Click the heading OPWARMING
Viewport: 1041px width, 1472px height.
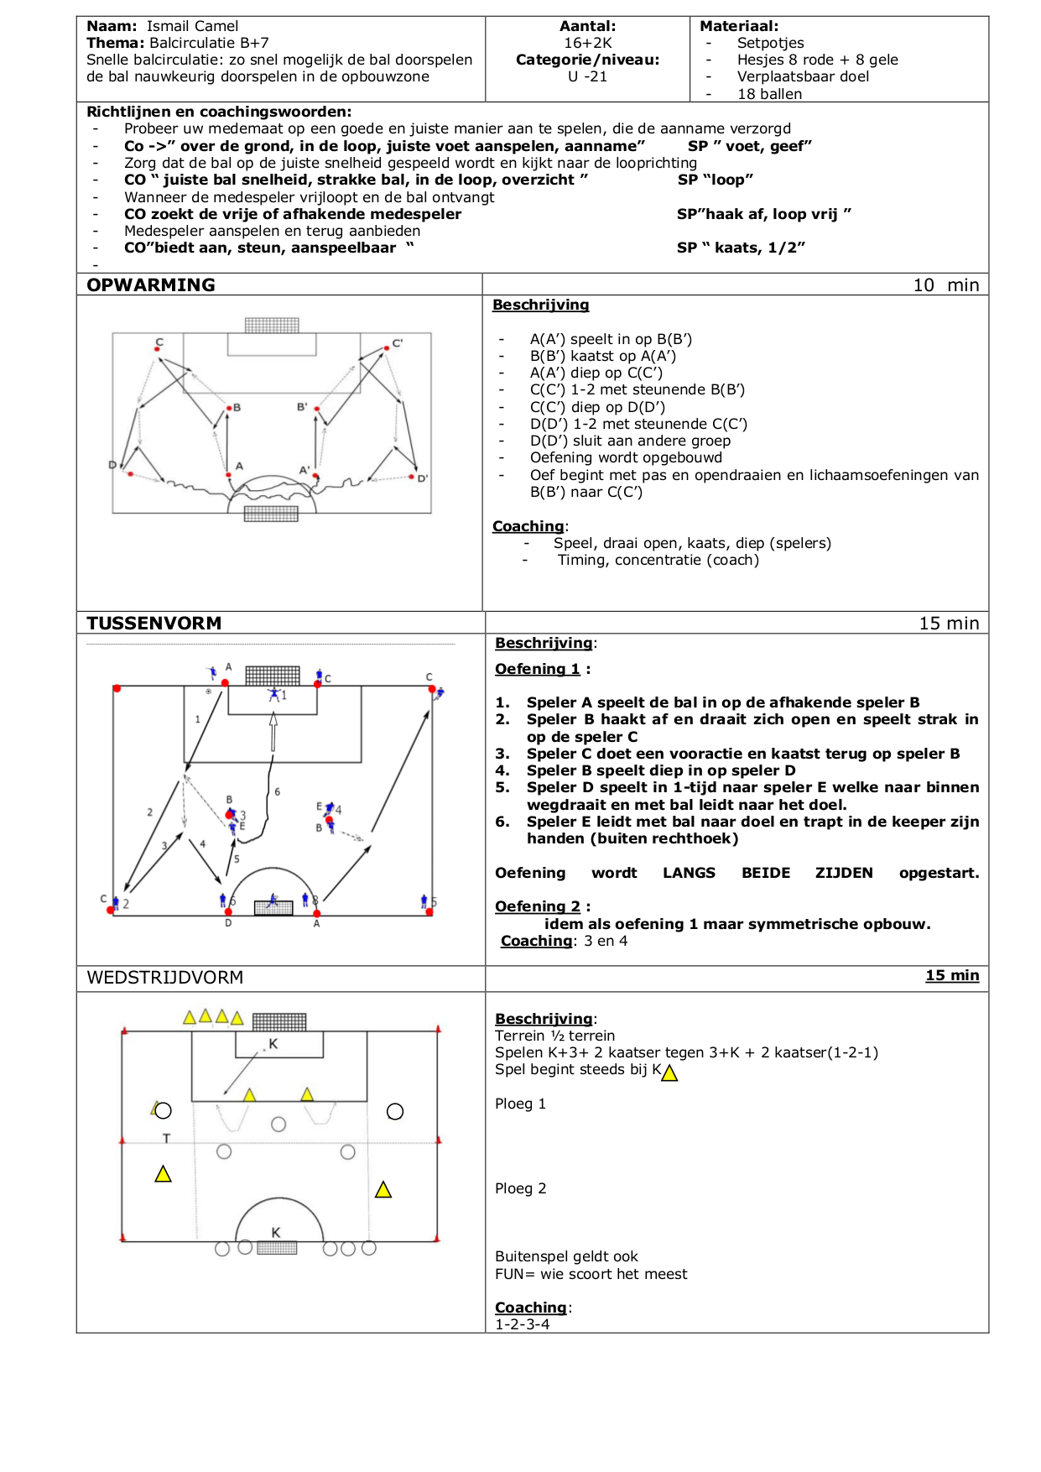(x=151, y=285)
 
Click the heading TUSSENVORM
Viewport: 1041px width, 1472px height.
(x=154, y=624)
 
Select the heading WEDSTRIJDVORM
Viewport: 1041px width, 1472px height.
(x=165, y=978)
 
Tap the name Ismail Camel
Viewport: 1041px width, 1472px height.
(x=192, y=26)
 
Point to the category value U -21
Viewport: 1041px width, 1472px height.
(x=587, y=76)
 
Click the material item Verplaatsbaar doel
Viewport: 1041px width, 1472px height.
(x=803, y=76)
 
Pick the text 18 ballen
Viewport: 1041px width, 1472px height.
(x=769, y=94)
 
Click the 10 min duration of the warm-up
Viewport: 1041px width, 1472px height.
(x=945, y=285)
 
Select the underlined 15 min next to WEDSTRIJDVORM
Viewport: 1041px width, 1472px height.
(x=952, y=975)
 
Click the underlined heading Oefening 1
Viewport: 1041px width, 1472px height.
(x=538, y=669)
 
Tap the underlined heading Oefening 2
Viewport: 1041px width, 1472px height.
(x=538, y=906)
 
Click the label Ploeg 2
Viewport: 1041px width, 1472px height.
(x=520, y=1188)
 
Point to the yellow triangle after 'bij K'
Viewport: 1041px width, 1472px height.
(x=669, y=1073)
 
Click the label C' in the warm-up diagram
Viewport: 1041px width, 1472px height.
(x=398, y=343)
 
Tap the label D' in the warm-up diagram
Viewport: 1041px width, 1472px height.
(x=423, y=478)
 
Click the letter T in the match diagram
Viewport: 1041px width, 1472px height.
(x=166, y=1139)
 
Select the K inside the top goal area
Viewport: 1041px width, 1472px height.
(x=273, y=1044)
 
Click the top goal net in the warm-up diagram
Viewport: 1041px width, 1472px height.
(x=272, y=325)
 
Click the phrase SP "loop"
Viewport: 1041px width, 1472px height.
(x=716, y=180)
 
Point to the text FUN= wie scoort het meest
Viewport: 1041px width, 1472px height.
(x=591, y=1274)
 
